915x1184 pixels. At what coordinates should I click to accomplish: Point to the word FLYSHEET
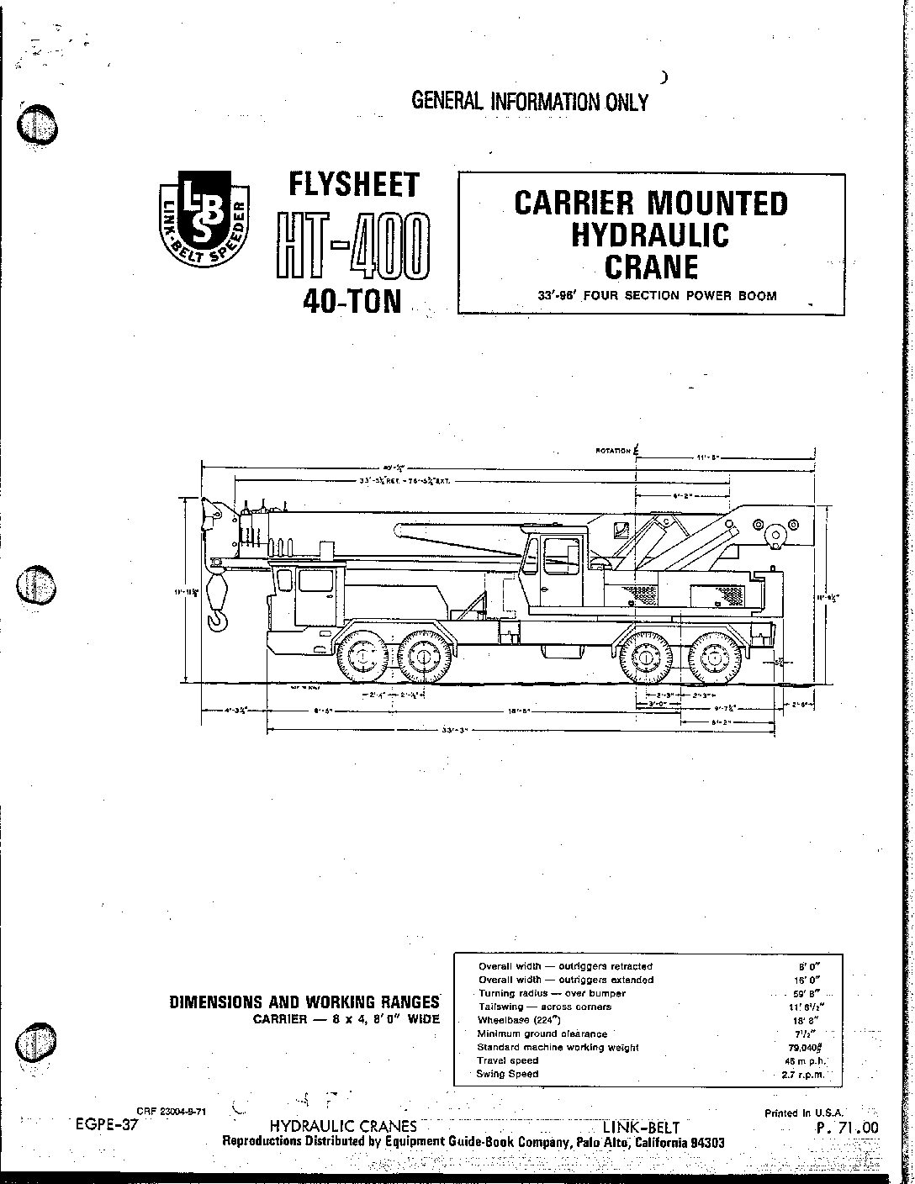pyautogui.click(x=352, y=183)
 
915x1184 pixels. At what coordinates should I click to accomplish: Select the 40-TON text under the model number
pyautogui.click(x=352, y=300)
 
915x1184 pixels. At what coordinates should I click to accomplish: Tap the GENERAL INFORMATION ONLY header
pyautogui.click(x=530, y=102)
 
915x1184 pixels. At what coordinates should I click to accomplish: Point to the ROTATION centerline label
pyautogui.click(x=614, y=451)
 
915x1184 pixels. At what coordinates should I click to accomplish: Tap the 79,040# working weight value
pyautogui.click(x=800, y=1048)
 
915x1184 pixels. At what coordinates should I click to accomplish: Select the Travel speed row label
pyautogui.click(x=508, y=1060)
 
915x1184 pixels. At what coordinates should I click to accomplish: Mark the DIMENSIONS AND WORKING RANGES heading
pyautogui.click(x=304, y=1002)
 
